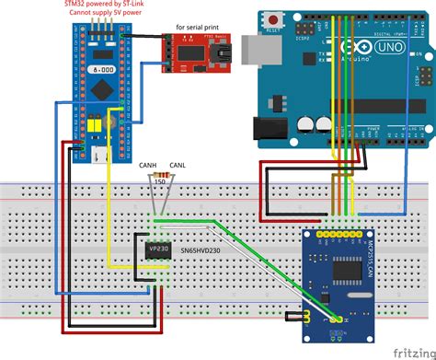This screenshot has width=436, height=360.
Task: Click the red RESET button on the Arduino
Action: pos(273,19)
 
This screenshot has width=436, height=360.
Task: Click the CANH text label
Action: pos(146,165)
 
